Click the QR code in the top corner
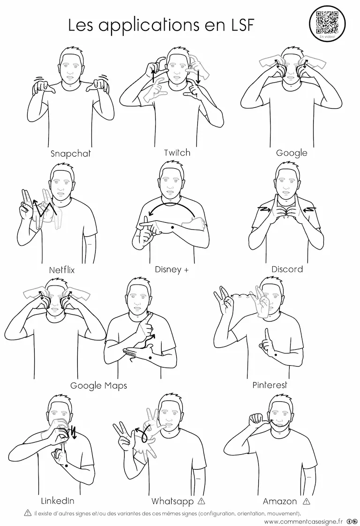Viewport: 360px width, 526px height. (327, 22)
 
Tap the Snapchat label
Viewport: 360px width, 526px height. (70, 153)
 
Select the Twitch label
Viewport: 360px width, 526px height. (177, 153)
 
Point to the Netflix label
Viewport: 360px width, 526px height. (62, 270)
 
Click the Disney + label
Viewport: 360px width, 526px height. (172, 270)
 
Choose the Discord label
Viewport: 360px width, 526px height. (287, 269)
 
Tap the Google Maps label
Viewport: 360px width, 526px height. (98, 385)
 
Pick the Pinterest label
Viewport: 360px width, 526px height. (270, 385)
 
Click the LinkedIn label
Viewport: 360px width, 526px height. (57, 501)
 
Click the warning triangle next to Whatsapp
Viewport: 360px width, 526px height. (201, 501)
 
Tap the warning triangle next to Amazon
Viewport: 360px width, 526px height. (306, 502)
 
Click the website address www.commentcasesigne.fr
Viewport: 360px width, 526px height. (303, 521)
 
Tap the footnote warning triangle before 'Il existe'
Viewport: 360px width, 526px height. (28, 513)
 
